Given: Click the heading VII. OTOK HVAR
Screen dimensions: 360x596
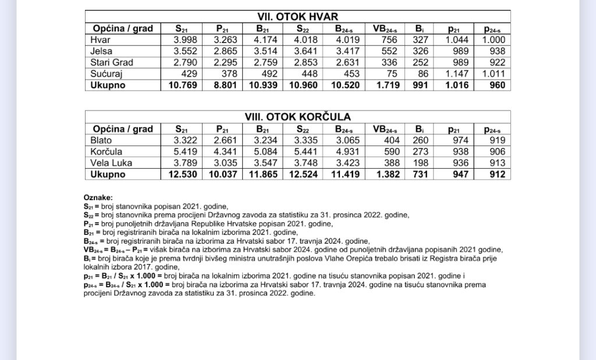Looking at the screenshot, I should [297, 17].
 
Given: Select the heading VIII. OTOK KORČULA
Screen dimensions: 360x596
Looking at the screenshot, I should [297, 117].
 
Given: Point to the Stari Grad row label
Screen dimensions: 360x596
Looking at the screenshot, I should [112, 62].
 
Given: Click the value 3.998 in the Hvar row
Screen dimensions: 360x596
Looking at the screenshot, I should [185, 40].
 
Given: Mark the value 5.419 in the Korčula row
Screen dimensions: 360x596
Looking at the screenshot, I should [185, 151].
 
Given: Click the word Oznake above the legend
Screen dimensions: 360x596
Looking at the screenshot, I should [98, 198].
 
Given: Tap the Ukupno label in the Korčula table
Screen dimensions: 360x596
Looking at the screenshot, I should [108, 174].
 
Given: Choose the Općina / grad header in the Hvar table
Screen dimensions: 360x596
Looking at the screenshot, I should [122, 28].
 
